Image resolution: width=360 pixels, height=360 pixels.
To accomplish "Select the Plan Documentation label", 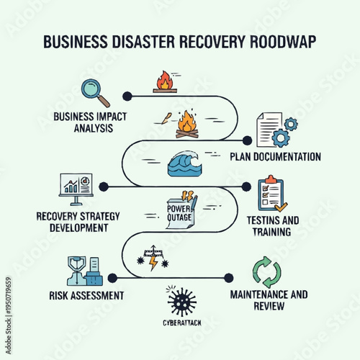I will click(275, 157).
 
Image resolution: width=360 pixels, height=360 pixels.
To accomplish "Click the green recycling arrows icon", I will click(267, 272).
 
